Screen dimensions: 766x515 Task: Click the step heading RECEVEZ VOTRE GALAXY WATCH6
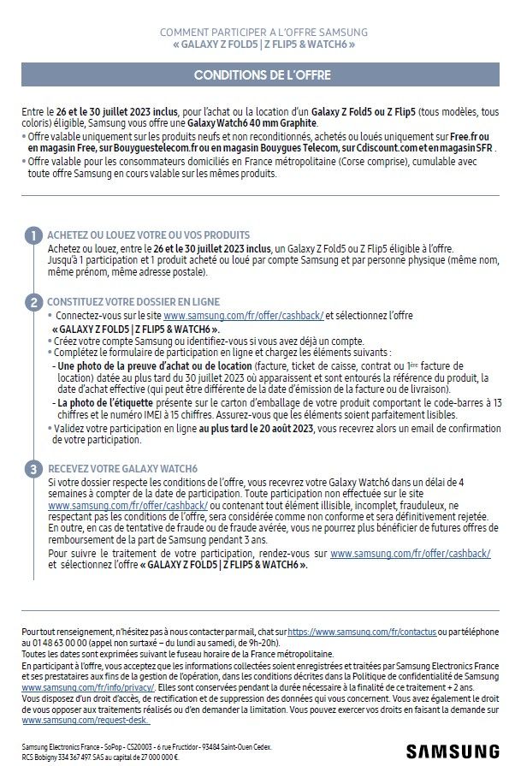click(x=123, y=469)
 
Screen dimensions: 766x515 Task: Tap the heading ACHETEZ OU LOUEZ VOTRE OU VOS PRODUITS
click(x=149, y=235)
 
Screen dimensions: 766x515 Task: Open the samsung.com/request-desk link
click(x=70, y=721)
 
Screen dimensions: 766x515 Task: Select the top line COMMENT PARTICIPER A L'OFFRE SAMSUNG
click(x=257, y=32)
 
